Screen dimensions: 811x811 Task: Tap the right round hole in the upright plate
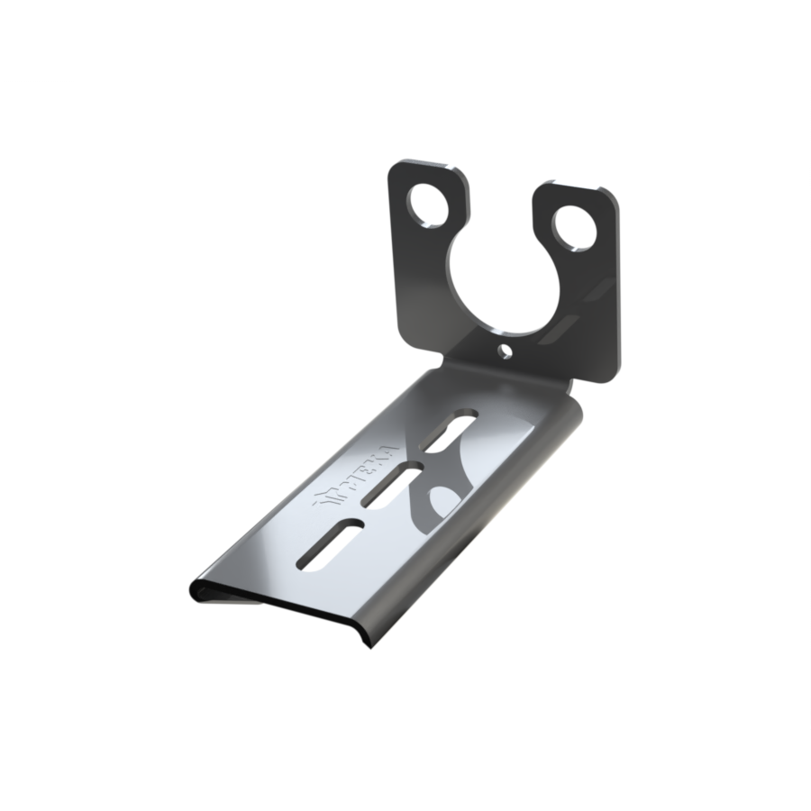pyautogui.click(x=574, y=226)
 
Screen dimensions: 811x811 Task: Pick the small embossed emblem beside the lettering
pyautogui.click(x=325, y=499)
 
